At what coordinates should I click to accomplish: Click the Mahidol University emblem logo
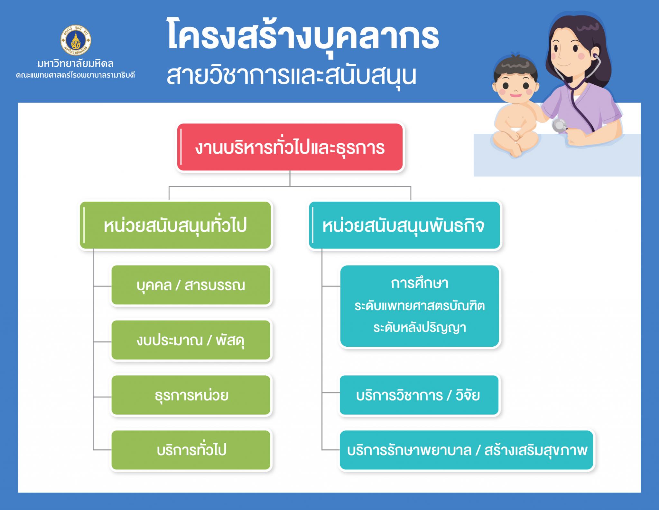(x=76, y=41)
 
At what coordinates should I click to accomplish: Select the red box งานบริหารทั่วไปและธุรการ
(x=290, y=147)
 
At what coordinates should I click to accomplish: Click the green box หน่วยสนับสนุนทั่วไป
(x=176, y=225)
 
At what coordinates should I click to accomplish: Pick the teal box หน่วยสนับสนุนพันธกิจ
(x=404, y=225)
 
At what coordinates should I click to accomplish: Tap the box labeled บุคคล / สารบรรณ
(x=191, y=285)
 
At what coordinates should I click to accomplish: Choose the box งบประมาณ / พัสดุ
(x=191, y=340)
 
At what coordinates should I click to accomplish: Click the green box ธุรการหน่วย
(x=191, y=395)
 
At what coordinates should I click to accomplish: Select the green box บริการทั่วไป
(x=191, y=450)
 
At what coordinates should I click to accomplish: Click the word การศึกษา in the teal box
(x=420, y=284)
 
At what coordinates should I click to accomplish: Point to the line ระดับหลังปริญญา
(x=420, y=327)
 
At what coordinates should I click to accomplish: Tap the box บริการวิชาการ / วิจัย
(x=419, y=395)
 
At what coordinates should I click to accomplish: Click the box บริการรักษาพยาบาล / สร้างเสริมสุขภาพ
(x=466, y=450)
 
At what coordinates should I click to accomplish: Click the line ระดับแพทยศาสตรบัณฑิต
(x=420, y=305)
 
